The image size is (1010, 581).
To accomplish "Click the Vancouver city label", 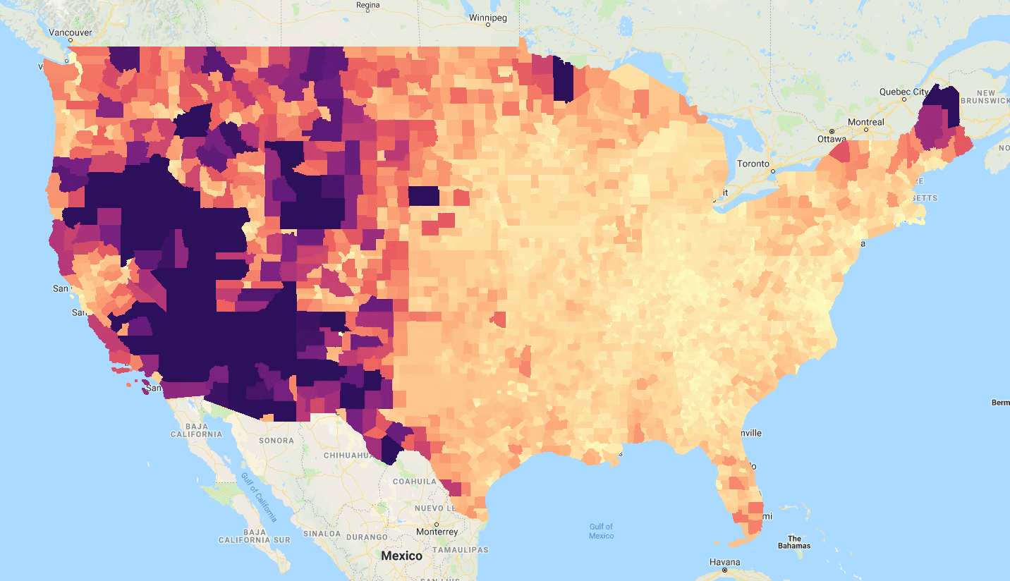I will click(x=70, y=32).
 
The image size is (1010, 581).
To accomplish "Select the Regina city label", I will click(x=368, y=5).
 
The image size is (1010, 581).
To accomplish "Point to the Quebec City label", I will click(x=903, y=92).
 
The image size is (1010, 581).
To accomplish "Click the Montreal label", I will click(x=865, y=122).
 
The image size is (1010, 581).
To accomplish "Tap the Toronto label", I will click(x=753, y=163).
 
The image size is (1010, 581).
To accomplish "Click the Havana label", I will click(x=725, y=562).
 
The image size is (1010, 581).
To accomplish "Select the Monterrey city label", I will click(x=437, y=531).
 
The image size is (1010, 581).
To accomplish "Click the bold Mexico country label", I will click(x=401, y=556).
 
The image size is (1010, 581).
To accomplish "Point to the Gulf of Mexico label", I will click(x=601, y=531).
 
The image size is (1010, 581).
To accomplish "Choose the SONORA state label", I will click(x=276, y=440).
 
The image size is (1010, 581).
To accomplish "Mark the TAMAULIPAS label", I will click(x=461, y=549).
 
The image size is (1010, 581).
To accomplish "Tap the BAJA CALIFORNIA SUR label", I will click(x=255, y=535).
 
